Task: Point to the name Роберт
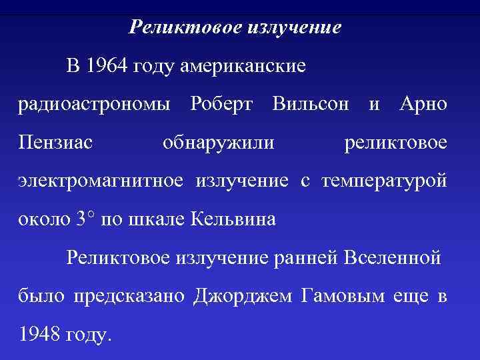point(221,104)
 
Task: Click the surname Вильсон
point(311,104)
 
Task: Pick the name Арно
point(423,104)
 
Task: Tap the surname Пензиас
point(55,142)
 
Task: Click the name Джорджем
point(242,296)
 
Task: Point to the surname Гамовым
point(343,295)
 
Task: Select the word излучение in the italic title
point(294,28)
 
